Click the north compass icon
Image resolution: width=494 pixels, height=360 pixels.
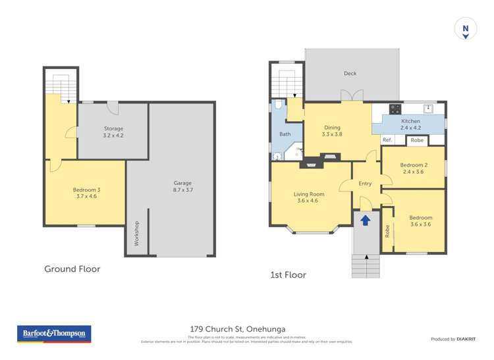click(466, 30)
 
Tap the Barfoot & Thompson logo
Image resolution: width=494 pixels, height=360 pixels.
click(55, 334)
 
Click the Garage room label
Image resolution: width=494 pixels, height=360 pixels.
click(182, 186)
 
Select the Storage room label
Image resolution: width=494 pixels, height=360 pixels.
click(113, 132)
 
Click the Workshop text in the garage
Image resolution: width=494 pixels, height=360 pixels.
click(137, 234)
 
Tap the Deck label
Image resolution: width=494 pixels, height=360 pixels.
click(350, 74)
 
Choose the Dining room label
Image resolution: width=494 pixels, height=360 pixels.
click(331, 130)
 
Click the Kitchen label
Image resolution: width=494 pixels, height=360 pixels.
click(410, 124)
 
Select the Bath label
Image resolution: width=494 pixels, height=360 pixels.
click(285, 134)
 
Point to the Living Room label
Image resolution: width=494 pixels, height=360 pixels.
click(309, 197)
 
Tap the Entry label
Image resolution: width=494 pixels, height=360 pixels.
click(365, 184)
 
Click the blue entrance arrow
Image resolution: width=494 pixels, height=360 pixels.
click(366, 220)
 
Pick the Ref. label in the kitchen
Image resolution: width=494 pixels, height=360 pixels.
click(387, 140)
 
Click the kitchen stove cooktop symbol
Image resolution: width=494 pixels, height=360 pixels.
click(397, 109)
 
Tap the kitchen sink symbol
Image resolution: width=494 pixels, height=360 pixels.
click(429, 108)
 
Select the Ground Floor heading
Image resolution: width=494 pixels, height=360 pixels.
click(72, 269)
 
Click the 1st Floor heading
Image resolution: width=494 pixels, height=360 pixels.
click(288, 274)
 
